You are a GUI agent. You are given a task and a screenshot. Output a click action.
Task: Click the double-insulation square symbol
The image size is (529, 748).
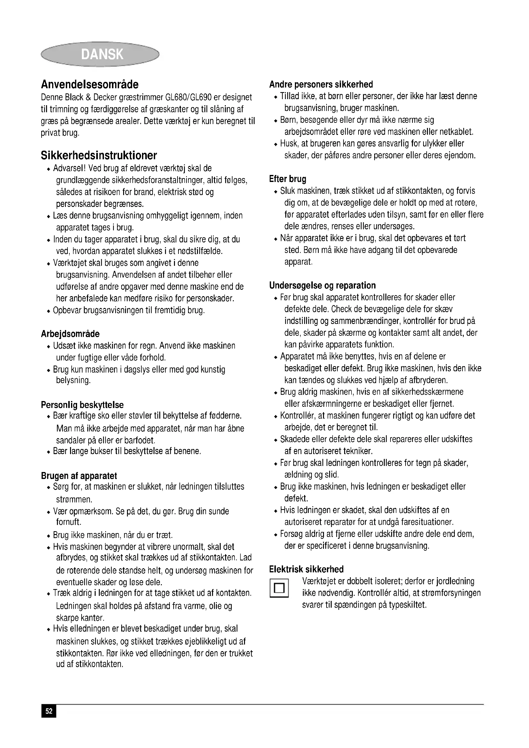click(x=279, y=588)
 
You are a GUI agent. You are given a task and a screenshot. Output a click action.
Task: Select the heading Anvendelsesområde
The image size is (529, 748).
click(x=90, y=84)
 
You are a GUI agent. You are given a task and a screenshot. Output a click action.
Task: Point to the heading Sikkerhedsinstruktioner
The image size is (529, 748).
click(x=99, y=155)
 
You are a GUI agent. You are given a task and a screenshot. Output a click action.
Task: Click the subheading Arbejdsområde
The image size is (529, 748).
click(x=70, y=334)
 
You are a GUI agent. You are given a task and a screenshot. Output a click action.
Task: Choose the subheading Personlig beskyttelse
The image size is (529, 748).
click(x=82, y=405)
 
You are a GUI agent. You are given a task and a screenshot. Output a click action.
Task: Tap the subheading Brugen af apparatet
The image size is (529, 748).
click(x=79, y=476)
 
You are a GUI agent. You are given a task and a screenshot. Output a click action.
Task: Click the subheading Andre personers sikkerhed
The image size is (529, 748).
click(x=321, y=84)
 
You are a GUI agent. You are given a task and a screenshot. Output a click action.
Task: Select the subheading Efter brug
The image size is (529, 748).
click(x=288, y=179)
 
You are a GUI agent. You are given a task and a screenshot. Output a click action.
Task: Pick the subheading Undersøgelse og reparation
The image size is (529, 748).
click(x=322, y=285)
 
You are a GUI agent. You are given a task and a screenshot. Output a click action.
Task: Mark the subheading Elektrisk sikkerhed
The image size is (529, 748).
click(x=306, y=569)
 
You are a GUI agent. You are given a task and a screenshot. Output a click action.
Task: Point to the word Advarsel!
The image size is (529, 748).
click(x=69, y=168)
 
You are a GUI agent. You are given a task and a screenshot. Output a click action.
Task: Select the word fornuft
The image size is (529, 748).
click(x=68, y=522)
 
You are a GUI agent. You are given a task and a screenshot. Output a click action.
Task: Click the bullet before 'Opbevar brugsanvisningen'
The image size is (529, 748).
click(x=49, y=311)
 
